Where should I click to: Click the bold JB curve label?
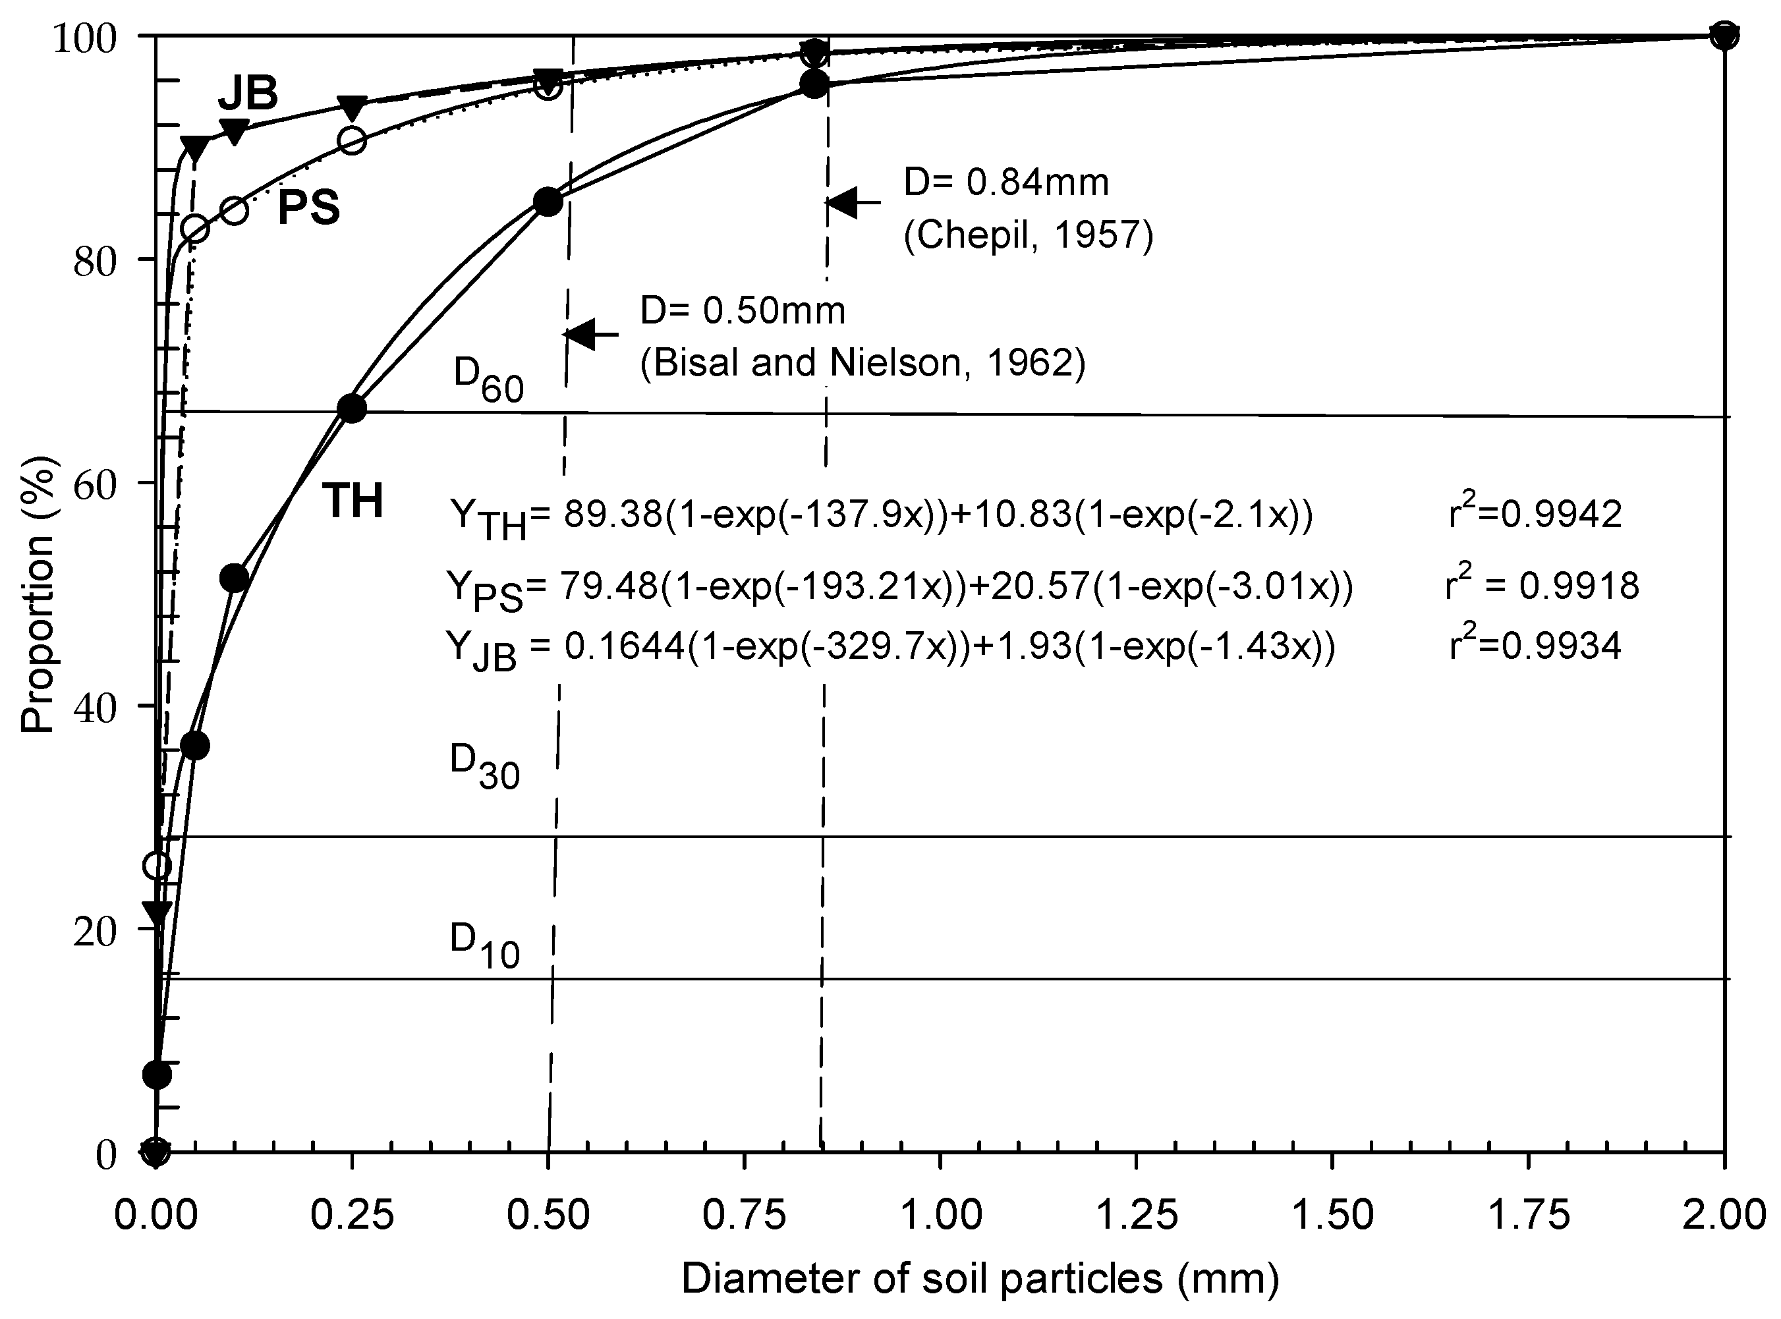(x=248, y=94)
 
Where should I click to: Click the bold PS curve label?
(x=308, y=208)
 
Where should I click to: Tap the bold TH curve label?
(x=352, y=501)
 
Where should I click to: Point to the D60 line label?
(x=488, y=379)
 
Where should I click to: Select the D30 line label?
(x=484, y=766)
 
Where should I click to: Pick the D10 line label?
(x=484, y=945)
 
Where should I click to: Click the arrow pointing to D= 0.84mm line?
(x=853, y=203)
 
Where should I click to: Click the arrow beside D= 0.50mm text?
(x=592, y=334)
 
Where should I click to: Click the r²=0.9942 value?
(x=1535, y=513)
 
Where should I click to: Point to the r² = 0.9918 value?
(x=1542, y=584)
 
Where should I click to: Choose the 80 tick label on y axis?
(x=95, y=260)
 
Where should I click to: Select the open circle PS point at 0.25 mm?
(x=352, y=140)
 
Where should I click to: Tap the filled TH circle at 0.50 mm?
(x=548, y=202)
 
